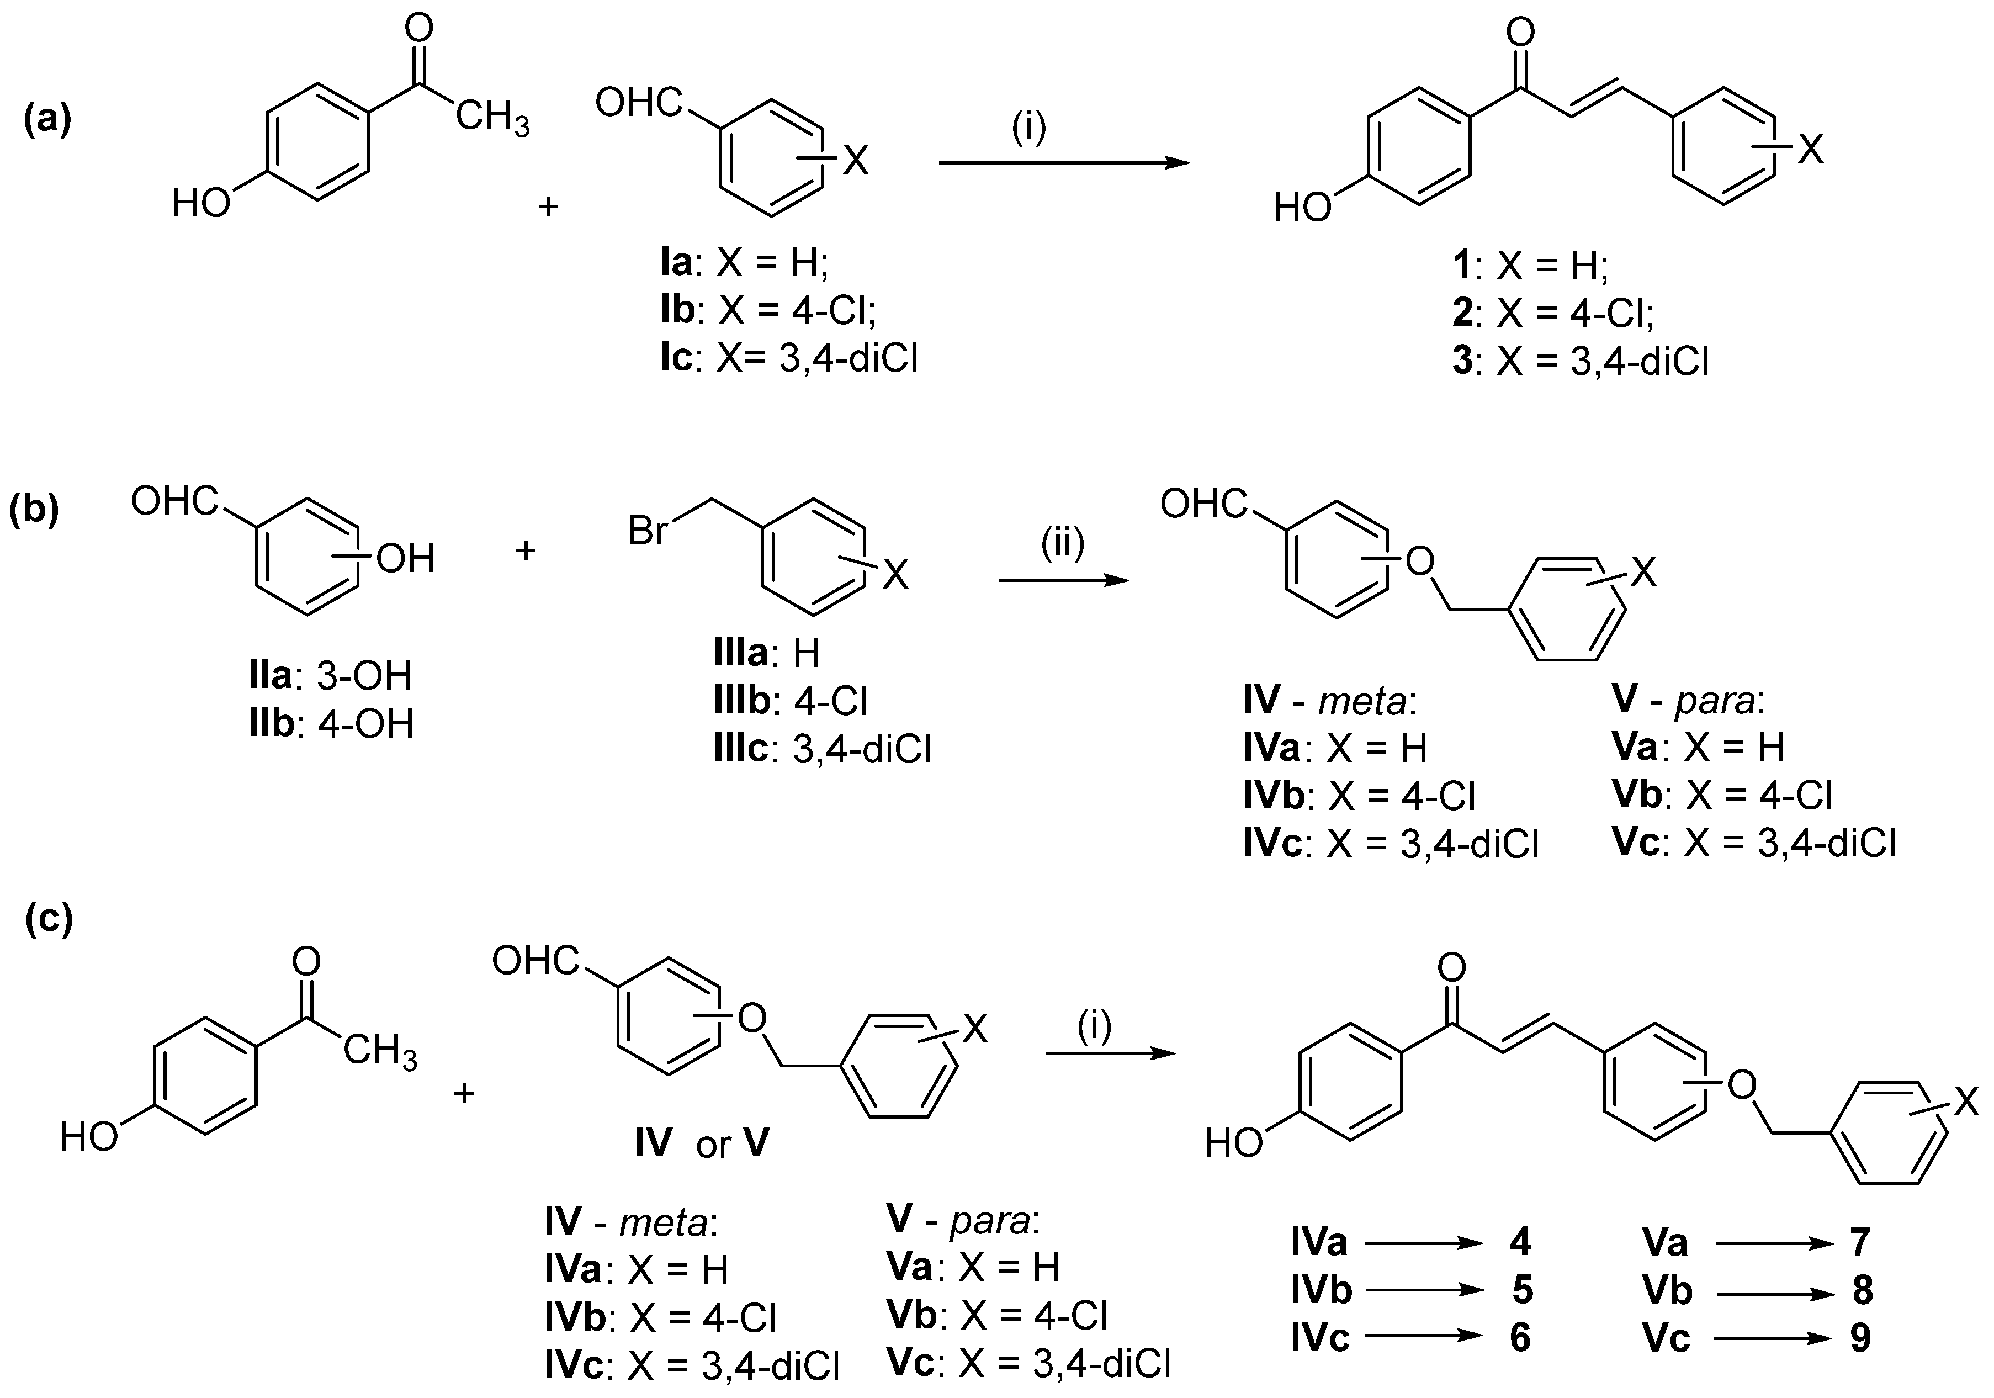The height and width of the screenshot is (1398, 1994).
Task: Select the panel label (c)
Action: tap(49, 918)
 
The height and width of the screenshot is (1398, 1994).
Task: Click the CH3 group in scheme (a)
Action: tap(492, 119)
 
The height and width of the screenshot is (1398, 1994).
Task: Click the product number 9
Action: tap(1860, 1338)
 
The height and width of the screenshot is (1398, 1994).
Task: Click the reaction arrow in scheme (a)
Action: tap(1063, 162)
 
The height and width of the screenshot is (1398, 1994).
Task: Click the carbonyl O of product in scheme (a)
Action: tap(1520, 33)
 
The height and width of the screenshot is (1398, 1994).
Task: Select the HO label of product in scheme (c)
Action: tap(1233, 1144)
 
